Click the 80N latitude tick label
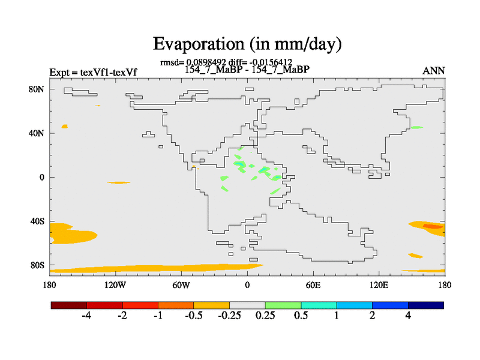[38, 89]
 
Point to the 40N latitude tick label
[38, 133]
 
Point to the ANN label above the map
[434, 71]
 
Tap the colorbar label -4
[86, 316]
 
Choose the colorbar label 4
[408, 316]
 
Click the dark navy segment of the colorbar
[426, 305]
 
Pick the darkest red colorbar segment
[69, 305]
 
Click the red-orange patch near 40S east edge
[431, 226]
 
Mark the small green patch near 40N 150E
[416, 127]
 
